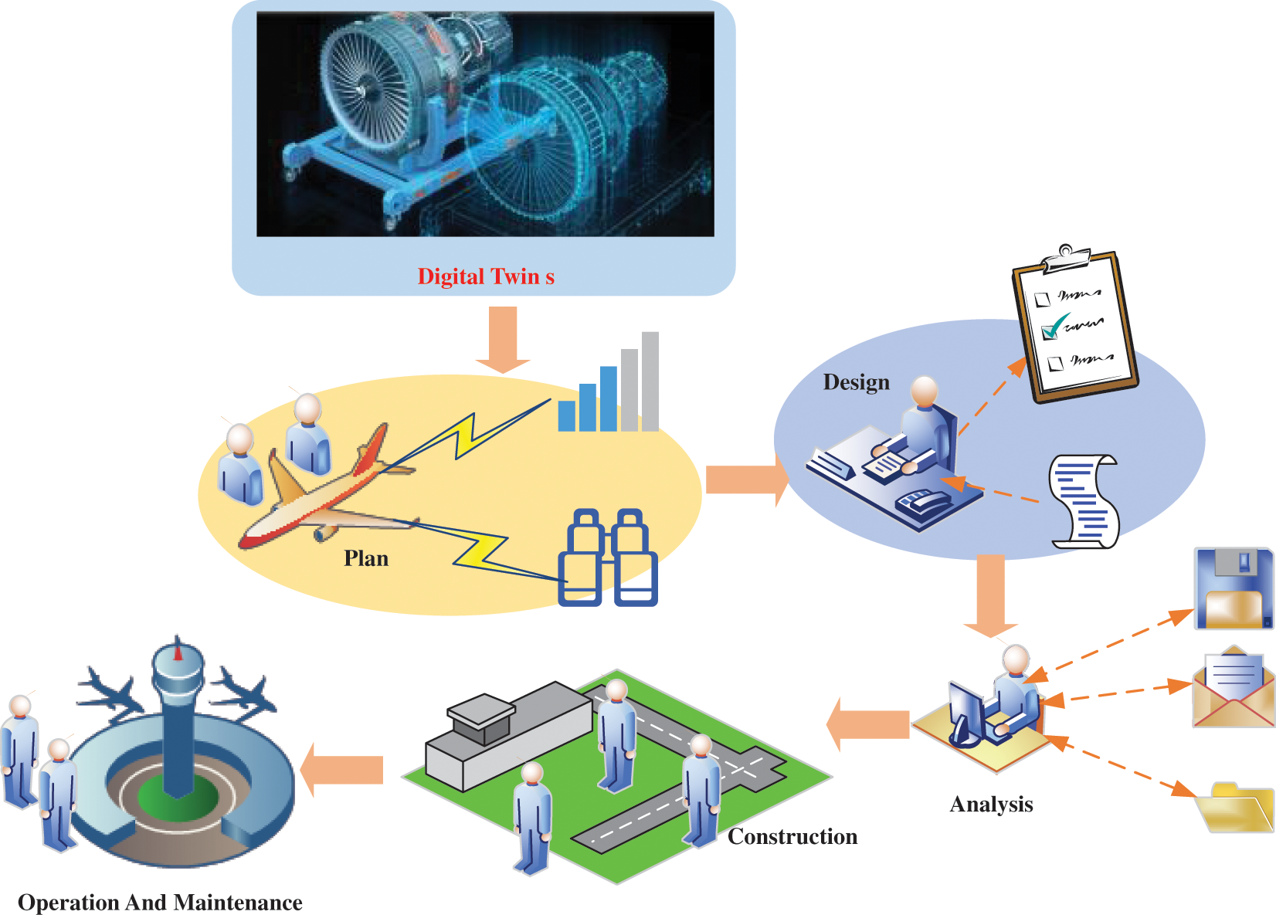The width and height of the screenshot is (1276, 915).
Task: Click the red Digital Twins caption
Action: pyautogui.click(x=485, y=276)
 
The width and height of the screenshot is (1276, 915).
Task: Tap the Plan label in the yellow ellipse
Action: pyautogui.click(x=366, y=558)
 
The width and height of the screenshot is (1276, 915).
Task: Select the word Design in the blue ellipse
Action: pyautogui.click(x=856, y=382)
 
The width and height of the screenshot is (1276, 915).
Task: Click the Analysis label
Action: pyautogui.click(x=991, y=805)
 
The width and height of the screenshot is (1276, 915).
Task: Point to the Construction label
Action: pyautogui.click(x=792, y=837)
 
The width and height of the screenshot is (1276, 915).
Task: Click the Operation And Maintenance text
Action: pyautogui.click(x=160, y=903)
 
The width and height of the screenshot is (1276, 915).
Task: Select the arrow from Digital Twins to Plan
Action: pyautogui.click(x=503, y=338)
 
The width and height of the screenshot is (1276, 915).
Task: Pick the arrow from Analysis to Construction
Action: pyautogui.click(x=868, y=724)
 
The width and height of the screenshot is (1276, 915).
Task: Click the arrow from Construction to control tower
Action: pyautogui.click(x=343, y=769)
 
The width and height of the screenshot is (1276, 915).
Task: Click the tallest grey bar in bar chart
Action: pyautogui.click(x=650, y=381)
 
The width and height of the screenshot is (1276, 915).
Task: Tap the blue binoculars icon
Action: pyautogui.click(x=608, y=557)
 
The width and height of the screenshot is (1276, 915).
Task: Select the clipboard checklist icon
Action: pyautogui.click(x=1075, y=326)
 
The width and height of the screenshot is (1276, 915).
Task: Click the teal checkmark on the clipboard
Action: pyautogui.click(x=1054, y=327)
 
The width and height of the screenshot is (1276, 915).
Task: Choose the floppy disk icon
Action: pyautogui.click(x=1233, y=588)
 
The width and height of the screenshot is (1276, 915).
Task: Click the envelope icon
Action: pyautogui.click(x=1234, y=687)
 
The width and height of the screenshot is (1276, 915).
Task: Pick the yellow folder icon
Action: pyautogui.click(x=1234, y=808)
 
